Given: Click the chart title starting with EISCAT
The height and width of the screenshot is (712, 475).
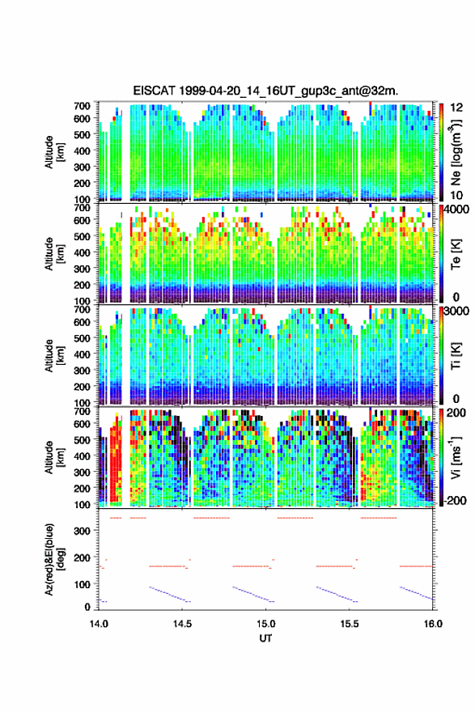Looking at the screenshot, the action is pos(265,91).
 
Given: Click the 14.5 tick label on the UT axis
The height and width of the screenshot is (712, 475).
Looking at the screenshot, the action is pos(182,624).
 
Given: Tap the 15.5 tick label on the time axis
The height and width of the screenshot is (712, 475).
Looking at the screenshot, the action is pos(350,624).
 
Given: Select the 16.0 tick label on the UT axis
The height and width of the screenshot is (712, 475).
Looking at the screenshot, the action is pos(433,624).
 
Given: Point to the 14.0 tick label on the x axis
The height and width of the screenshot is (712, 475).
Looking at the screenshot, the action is pos(99,624).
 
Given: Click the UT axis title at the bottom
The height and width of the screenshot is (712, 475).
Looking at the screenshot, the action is pos(265,638).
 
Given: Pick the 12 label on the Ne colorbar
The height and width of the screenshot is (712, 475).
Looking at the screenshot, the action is pos(456,107).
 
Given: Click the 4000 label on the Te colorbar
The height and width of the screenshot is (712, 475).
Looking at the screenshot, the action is pos(457,210).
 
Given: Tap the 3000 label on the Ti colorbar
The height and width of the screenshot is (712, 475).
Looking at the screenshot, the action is pos(457,311).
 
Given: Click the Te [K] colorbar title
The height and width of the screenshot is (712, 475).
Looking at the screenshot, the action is pos(456,254).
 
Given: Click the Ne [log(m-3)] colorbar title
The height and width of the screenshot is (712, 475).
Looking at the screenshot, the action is pos(455,153).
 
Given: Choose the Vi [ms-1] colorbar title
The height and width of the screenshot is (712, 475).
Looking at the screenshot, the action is pos(455,457).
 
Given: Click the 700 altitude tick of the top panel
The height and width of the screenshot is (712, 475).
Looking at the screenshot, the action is pos(83,106).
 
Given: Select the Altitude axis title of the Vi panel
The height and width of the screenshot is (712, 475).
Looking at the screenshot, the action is pos(54,457).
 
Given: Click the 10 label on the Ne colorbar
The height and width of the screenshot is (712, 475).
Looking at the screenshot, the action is pos(456,195).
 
